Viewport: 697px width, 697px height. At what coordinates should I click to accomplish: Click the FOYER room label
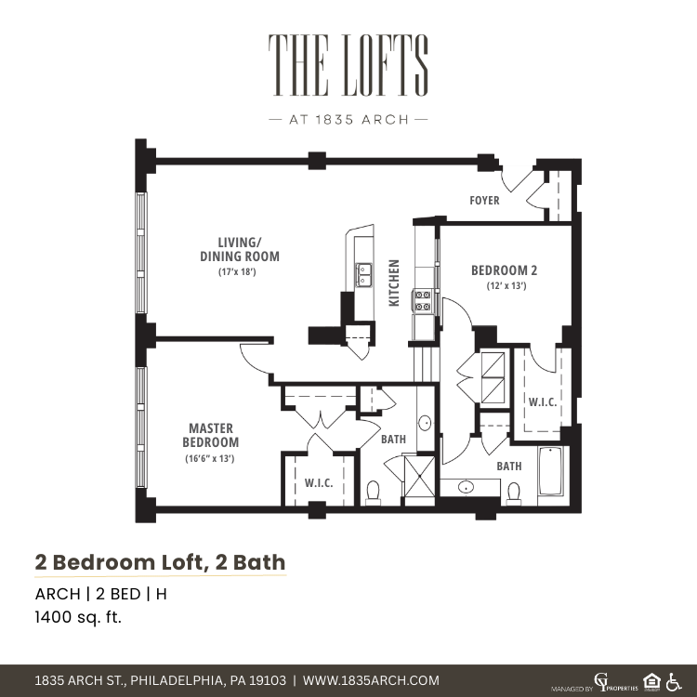(x=484, y=201)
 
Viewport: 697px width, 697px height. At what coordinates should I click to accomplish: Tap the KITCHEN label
(x=394, y=283)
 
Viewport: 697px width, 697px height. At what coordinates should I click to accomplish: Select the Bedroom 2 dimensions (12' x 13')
(x=506, y=285)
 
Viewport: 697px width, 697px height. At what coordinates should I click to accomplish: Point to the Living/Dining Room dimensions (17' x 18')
(x=237, y=271)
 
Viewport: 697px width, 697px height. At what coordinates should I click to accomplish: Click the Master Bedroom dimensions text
(x=210, y=458)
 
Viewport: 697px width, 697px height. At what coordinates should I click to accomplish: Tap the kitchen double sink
(x=363, y=275)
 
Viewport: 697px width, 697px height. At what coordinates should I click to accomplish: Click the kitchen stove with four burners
(x=423, y=300)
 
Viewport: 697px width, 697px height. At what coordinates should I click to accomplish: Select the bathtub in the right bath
(x=551, y=471)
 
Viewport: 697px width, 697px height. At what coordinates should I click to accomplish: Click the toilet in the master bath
(x=373, y=493)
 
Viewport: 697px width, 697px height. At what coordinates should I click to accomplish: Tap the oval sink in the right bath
(x=466, y=487)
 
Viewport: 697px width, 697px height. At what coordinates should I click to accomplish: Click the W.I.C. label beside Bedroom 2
(x=543, y=402)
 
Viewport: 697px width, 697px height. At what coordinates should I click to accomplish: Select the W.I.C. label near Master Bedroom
(x=319, y=483)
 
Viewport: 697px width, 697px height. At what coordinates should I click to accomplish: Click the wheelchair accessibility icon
(x=674, y=681)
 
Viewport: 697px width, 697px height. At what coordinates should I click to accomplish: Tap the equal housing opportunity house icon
(x=651, y=681)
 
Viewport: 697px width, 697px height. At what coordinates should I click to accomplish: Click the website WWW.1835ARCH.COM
(x=371, y=680)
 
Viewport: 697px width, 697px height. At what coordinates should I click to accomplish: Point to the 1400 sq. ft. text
(x=78, y=617)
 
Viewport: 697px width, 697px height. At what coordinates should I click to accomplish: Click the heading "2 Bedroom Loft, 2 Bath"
(x=160, y=562)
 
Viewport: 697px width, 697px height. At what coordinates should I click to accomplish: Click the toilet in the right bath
(x=514, y=493)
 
